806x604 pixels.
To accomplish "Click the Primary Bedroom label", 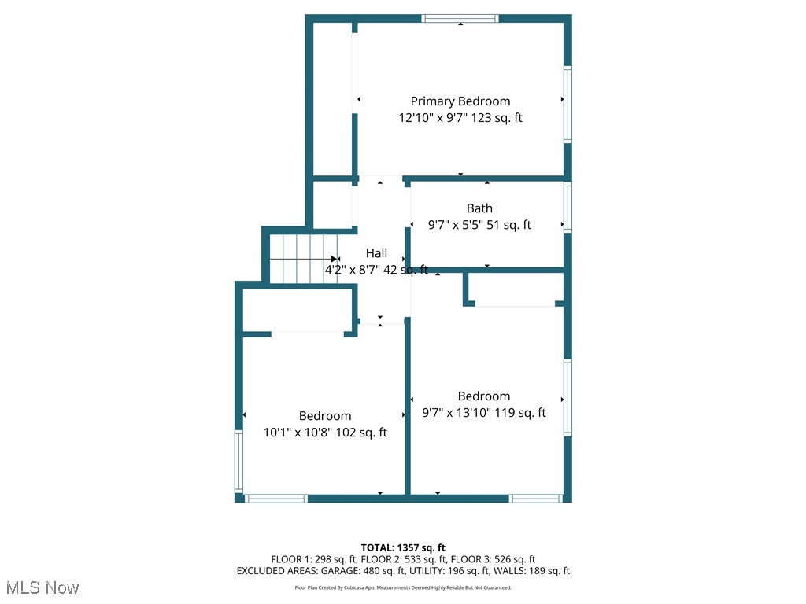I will click(460, 101).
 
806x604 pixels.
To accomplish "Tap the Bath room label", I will click(479, 208).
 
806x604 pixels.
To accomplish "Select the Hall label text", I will click(376, 253).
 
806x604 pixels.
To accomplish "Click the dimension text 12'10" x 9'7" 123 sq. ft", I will click(460, 118).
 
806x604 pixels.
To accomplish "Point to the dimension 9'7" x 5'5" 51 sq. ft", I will click(479, 225).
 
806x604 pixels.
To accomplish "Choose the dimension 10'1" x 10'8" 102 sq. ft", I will click(325, 433).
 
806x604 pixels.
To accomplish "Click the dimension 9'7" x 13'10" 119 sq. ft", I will click(484, 413).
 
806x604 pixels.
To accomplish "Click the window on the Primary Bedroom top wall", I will click(460, 18).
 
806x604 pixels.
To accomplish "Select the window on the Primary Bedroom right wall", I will click(568, 104).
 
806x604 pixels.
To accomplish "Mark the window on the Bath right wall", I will click(568, 208).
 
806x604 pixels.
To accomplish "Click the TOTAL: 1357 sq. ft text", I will click(403, 547).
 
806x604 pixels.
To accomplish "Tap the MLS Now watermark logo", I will click(43, 587).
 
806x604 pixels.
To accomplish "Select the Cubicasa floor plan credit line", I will click(403, 587).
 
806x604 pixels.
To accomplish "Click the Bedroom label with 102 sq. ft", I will click(325, 416).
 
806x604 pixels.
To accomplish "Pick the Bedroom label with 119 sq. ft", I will click(484, 396).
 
